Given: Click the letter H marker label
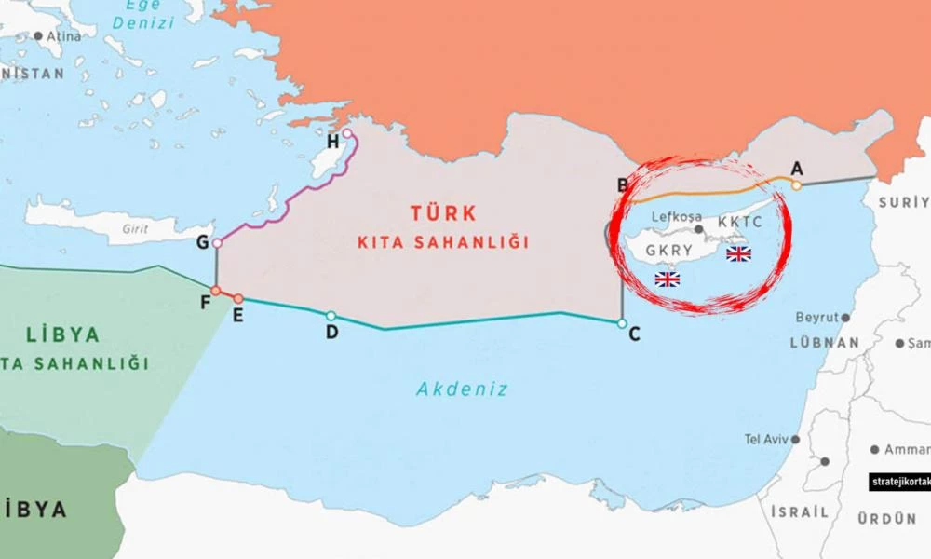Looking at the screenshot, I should (333, 142).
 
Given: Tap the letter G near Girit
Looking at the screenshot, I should (202, 243).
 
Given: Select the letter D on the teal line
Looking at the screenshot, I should (331, 332).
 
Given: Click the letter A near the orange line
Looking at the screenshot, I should (796, 168).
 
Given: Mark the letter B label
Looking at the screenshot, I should (624, 184).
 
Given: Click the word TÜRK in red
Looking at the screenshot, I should (443, 212).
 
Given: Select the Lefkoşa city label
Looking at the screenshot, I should (677, 217).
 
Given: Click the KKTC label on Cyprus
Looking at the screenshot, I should (740, 224).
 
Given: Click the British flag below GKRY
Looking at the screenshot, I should (667, 279).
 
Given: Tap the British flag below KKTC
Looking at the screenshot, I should (738, 253).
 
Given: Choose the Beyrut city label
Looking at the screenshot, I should (816, 318).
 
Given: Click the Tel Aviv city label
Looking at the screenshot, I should (765, 439).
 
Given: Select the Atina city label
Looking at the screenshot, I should (63, 36).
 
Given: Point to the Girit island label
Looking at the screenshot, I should (136, 228).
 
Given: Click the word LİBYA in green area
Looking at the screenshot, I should (63, 335).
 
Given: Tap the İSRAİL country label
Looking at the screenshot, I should (799, 512).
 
